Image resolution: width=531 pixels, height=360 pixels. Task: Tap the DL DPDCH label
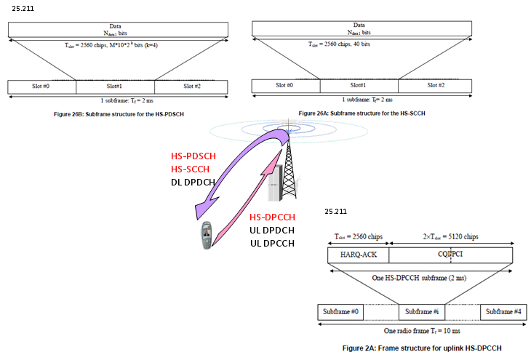pyautogui.click(x=190, y=182)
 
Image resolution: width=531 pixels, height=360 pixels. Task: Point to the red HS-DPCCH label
pyautogui.click(x=272, y=217)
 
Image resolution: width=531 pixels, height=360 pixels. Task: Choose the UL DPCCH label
pyautogui.click(x=271, y=243)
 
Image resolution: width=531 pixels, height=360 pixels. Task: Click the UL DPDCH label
pyautogui.click(x=271, y=231)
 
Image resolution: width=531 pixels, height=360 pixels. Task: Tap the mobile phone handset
pyautogui.click(x=207, y=236)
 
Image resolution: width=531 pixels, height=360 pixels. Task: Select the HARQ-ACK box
pyautogui.click(x=357, y=255)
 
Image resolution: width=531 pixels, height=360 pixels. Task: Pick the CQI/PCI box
pyautogui.click(x=450, y=255)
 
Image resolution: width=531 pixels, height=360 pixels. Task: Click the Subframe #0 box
pyautogui.click(x=339, y=311)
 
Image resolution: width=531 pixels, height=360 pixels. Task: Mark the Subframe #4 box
pyautogui.click(x=500, y=311)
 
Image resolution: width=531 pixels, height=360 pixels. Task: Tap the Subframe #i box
pyautogui.click(x=422, y=311)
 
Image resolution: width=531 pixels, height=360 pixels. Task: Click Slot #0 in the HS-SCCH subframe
pyautogui.click(x=285, y=86)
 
